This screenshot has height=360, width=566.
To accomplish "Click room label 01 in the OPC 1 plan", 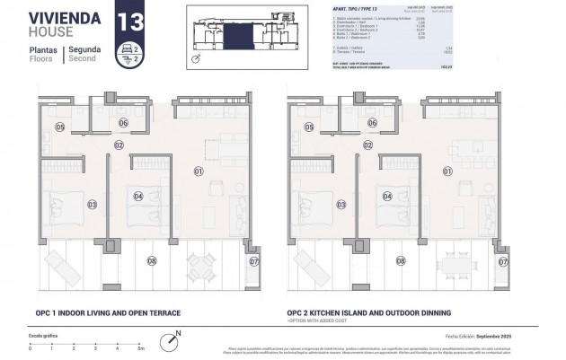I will (x=199, y=170).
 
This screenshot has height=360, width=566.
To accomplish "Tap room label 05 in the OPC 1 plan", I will (x=59, y=127).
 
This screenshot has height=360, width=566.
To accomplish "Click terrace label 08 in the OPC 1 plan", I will (x=151, y=262).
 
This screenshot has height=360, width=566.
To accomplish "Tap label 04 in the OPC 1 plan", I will (x=137, y=196).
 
